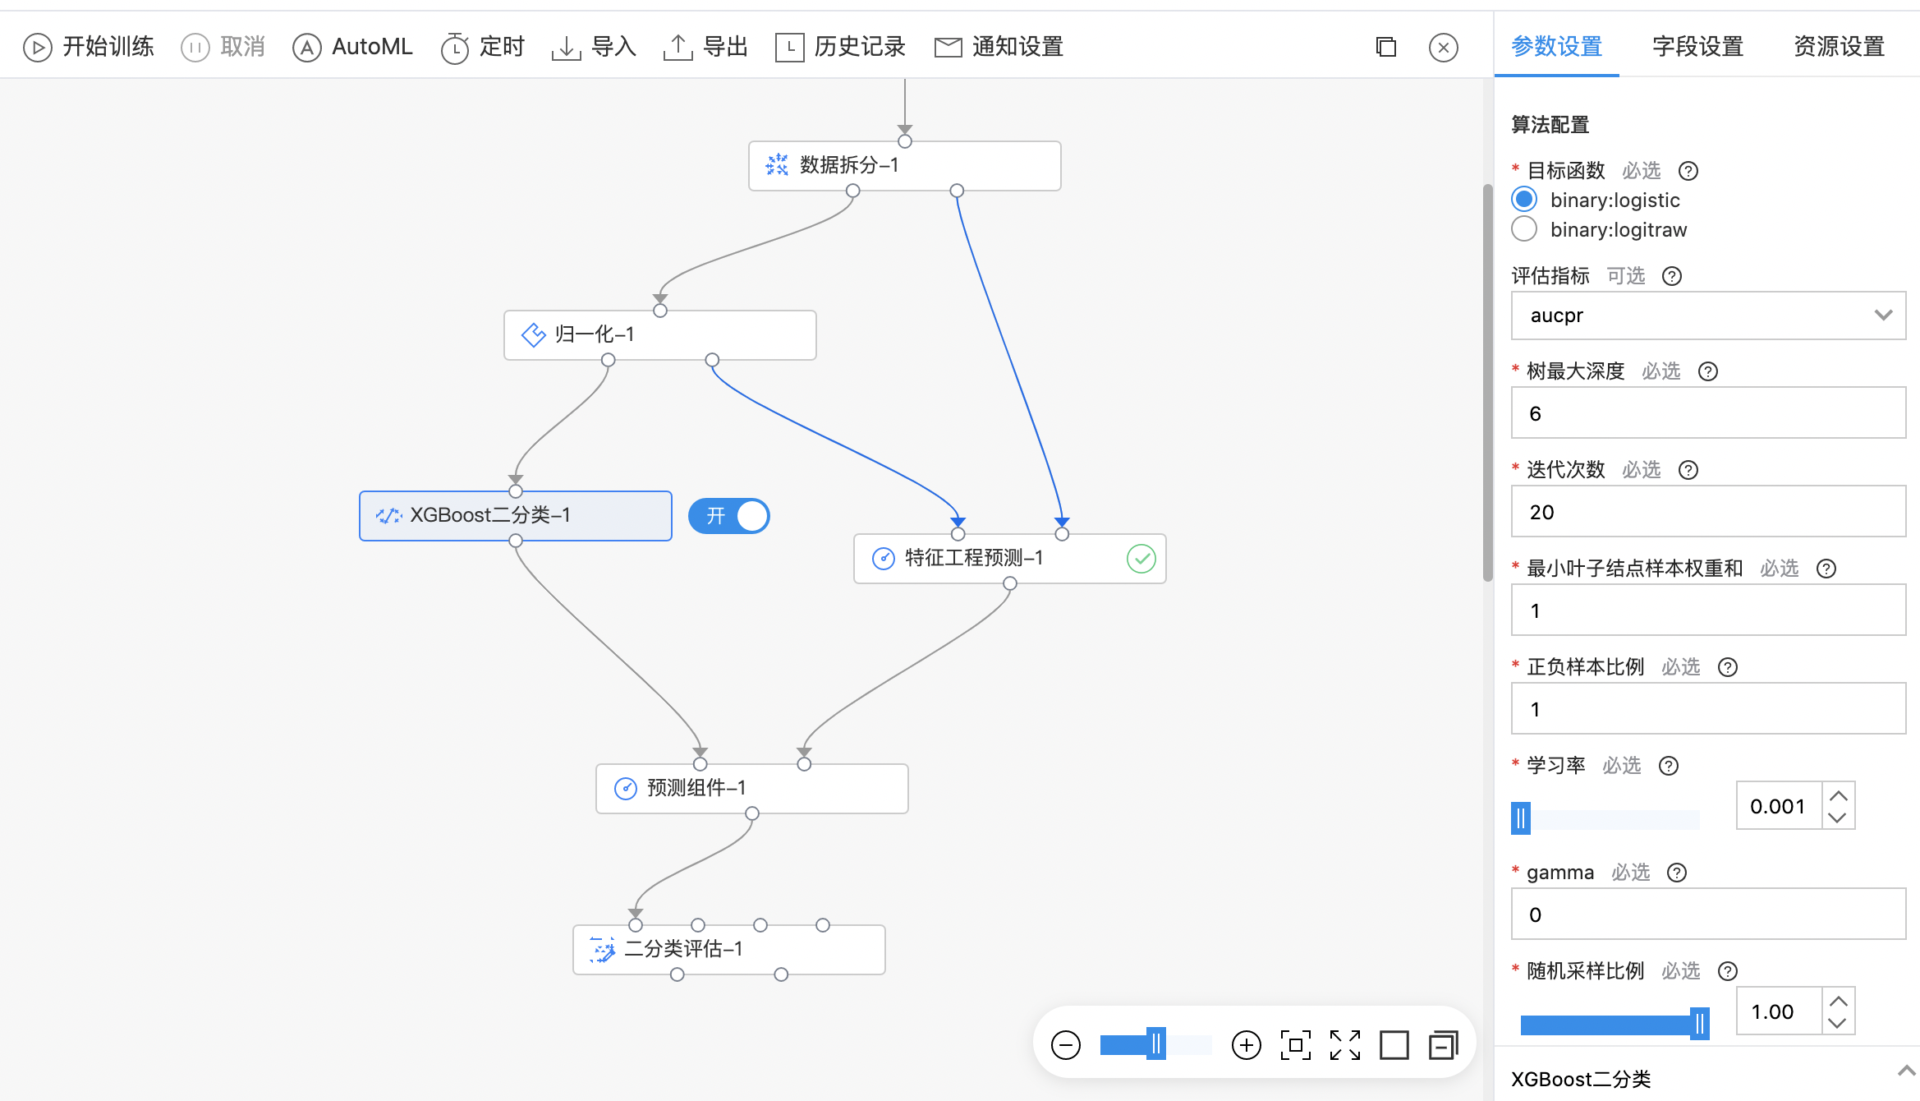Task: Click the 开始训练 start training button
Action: [x=89, y=47]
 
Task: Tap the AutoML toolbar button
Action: [x=352, y=47]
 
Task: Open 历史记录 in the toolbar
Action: [x=840, y=47]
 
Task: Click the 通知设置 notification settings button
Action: [x=999, y=47]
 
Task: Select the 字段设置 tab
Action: [x=1697, y=47]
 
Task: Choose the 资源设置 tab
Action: [x=1839, y=47]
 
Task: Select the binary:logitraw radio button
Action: [x=1524, y=229]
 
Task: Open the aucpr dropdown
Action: [x=1708, y=316]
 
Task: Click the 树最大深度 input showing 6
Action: [x=1708, y=413]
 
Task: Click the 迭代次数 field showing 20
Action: [x=1708, y=512]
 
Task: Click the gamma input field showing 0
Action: [x=1708, y=914]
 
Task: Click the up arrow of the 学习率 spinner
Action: [x=1839, y=795]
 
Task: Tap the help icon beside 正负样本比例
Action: [x=1728, y=667]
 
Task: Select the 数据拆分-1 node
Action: [x=904, y=166]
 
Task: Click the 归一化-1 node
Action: [x=659, y=335]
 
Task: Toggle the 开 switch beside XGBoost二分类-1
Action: [x=728, y=516]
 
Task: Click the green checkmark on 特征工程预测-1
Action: [x=1141, y=559]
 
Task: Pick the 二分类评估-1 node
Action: [x=728, y=950]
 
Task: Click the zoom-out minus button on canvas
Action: [x=1066, y=1045]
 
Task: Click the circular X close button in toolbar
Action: [x=1444, y=47]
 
